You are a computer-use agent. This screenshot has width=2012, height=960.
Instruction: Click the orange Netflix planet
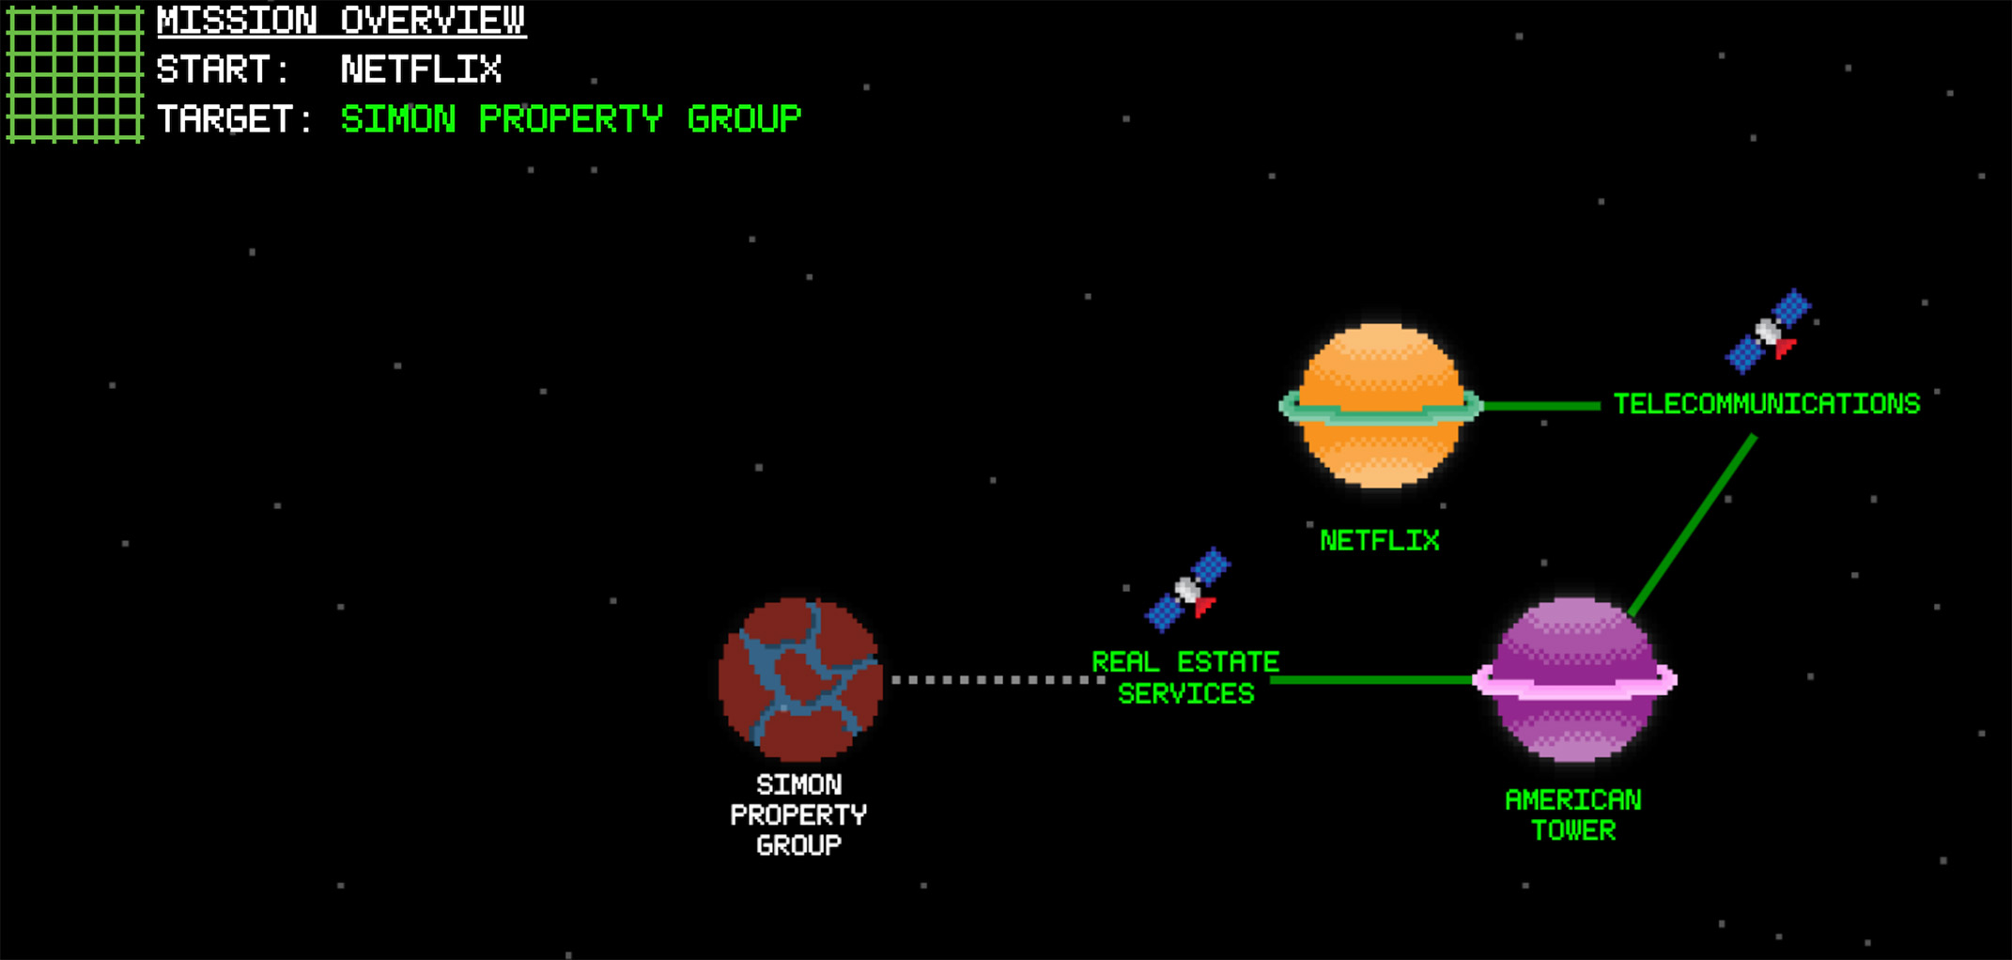pyautogui.click(x=1380, y=406)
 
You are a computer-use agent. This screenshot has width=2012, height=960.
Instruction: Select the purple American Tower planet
pyautogui.click(x=1574, y=679)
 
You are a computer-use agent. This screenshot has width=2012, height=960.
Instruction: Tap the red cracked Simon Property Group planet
pyautogui.click(x=799, y=679)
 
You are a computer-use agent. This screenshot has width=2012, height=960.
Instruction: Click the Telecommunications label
pyautogui.click(x=1766, y=404)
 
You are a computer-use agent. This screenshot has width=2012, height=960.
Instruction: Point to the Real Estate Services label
pyautogui.click(x=1185, y=677)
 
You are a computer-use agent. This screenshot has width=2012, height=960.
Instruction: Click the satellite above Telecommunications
pyautogui.click(x=1769, y=331)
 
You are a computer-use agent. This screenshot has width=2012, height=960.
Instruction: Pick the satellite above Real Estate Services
pyautogui.click(x=1188, y=589)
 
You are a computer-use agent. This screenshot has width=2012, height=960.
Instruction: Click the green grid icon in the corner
pyautogui.click(x=75, y=74)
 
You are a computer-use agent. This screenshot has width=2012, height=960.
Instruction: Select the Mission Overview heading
pyautogui.click(x=341, y=21)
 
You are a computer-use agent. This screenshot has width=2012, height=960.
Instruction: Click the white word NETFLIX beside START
pyautogui.click(x=421, y=70)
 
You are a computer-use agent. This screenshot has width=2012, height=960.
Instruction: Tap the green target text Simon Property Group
pyautogui.click(x=570, y=119)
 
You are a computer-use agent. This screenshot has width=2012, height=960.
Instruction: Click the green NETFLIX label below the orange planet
pyautogui.click(x=1379, y=541)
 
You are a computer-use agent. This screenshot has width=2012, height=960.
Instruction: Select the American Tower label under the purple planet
pyautogui.click(x=1573, y=814)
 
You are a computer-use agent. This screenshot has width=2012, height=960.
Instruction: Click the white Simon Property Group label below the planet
pyautogui.click(x=798, y=814)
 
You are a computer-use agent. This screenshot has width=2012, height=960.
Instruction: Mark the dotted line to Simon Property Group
pyautogui.click(x=996, y=679)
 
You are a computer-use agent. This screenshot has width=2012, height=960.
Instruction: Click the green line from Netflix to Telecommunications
pyautogui.click(x=1540, y=406)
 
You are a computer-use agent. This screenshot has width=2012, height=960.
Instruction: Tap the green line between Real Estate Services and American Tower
pyautogui.click(x=1371, y=679)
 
